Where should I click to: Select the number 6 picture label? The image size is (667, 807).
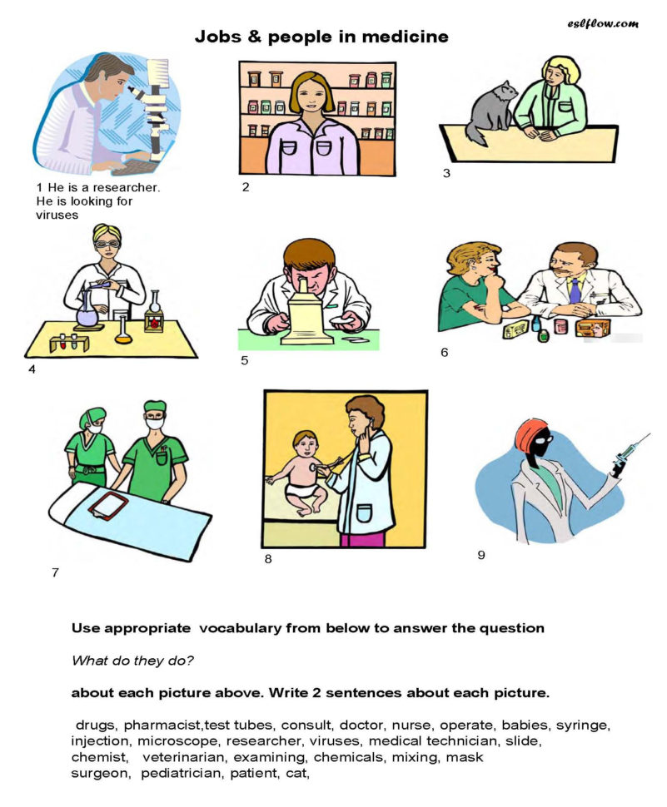(x=445, y=352)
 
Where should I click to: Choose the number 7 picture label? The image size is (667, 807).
(x=55, y=572)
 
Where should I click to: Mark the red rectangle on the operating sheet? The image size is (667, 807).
(x=106, y=506)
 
